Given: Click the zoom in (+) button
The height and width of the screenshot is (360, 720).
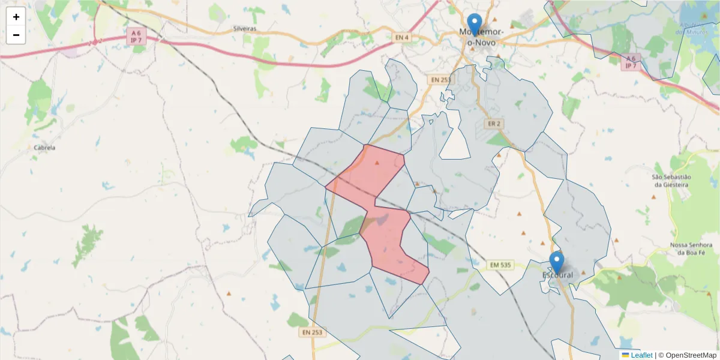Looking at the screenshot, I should pos(16,17).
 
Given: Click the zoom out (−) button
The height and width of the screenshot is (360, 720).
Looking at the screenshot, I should pos(16,35).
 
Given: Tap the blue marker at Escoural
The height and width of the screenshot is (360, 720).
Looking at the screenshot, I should pos(557,262).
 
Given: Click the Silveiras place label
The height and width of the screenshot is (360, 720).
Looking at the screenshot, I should pos(245,28).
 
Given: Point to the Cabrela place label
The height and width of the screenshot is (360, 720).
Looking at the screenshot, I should pos(45,148).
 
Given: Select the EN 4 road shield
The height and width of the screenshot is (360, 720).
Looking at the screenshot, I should pos(402,38).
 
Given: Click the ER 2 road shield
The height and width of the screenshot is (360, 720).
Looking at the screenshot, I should pos(494,124).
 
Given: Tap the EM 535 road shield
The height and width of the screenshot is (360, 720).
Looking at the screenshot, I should pos(499,265).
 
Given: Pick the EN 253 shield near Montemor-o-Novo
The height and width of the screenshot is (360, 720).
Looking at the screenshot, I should pos(440,79).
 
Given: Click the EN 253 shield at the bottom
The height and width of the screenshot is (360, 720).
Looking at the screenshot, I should pos(313,332).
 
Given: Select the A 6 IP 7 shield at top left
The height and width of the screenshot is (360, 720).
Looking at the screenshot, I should pos(136,35).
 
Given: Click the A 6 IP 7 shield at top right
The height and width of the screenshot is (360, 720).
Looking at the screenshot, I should pos(630,62).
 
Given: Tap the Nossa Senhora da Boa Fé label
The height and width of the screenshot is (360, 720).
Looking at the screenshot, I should pos(691,249).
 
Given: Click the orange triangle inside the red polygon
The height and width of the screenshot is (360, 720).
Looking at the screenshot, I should pos(377,163).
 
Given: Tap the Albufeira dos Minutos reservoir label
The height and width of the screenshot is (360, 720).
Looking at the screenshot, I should pos(696,28).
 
